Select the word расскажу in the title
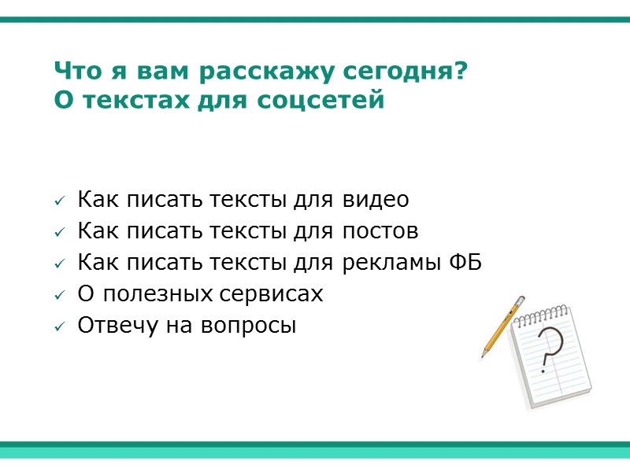(267, 72)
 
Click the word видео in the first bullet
(376, 200)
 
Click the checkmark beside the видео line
(59, 201)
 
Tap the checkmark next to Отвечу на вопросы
(59, 327)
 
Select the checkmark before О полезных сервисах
(59, 296)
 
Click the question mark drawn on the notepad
(550, 351)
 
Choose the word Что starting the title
(73, 72)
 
